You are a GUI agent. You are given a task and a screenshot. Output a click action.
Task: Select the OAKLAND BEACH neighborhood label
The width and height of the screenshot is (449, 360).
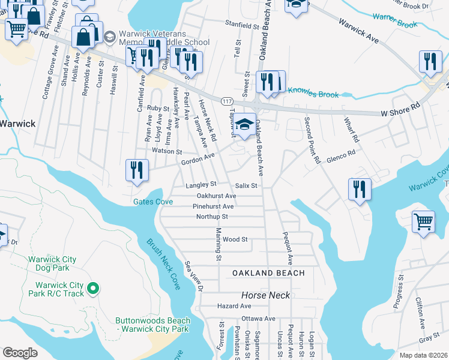(269, 273)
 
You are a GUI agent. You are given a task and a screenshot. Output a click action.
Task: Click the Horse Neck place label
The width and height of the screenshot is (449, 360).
(265, 295)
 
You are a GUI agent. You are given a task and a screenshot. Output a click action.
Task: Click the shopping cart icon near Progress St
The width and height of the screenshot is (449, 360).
(423, 222)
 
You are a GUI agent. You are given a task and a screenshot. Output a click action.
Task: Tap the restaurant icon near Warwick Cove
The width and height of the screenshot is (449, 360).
(360, 190)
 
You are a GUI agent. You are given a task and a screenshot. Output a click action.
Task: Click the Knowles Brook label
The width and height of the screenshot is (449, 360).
(313, 94)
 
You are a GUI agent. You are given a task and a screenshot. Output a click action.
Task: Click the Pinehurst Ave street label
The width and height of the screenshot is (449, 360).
(213, 206)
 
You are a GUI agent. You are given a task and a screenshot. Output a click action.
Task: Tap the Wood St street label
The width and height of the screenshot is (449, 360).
(235, 239)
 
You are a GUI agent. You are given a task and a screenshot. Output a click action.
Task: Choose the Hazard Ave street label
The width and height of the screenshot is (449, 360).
(234, 306)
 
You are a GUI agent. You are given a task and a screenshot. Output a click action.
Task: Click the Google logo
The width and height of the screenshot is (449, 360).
(20, 353)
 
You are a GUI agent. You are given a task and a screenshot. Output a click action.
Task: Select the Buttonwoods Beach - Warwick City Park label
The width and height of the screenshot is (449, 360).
(153, 325)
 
